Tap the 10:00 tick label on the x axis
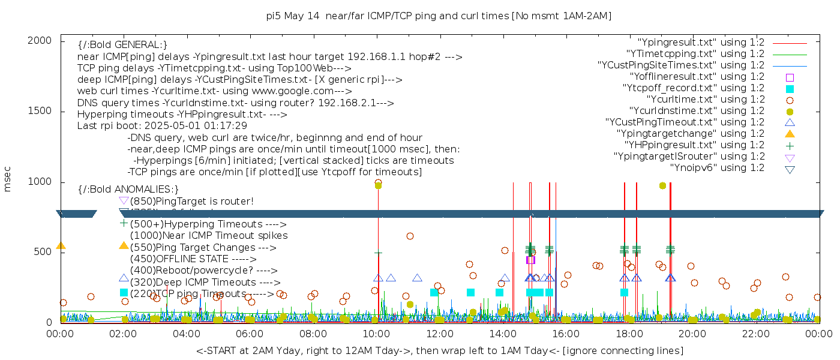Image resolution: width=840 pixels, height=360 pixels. [376, 334]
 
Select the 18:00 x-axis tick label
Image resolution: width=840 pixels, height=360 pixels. [628, 334]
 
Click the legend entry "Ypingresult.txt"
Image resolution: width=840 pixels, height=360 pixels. [701, 43]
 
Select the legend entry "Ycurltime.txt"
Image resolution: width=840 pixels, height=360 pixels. [705, 100]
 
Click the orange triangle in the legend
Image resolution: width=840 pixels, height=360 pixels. [790, 134]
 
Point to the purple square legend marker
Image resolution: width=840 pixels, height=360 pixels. [790, 77]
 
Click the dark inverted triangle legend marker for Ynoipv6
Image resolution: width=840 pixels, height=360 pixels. [790, 169]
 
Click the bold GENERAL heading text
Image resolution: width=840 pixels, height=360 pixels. [122, 45]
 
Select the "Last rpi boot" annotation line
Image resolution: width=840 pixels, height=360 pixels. [162, 126]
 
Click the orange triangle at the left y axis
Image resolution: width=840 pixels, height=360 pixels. [61, 245]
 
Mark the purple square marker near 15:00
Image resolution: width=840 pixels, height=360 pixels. [530, 260]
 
